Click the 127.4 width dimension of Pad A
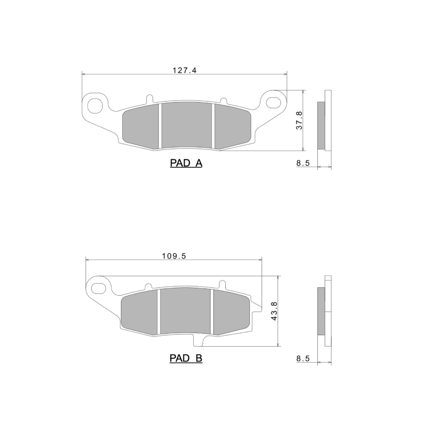[x=184, y=69]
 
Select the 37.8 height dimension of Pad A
[x=299, y=121]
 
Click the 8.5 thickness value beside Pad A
[x=303, y=163]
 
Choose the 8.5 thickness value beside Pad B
[x=303, y=358]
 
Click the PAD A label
[x=186, y=163]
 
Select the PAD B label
[x=186, y=358]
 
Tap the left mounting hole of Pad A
[x=95, y=103]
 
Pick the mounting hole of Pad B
[x=99, y=287]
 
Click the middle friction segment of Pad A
[x=186, y=125]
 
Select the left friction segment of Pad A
[x=140, y=126]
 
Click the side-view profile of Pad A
[x=325, y=125]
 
